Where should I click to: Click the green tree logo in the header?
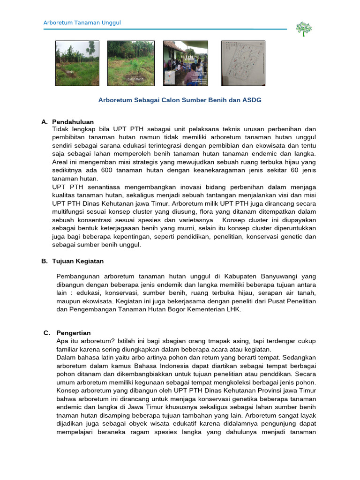pyautogui.click(x=304, y=29)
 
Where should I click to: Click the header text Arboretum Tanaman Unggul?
pyautogui.click(x=82, y=23)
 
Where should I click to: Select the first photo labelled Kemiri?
pyautogui.click(x=77, y=63)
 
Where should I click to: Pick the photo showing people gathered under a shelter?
pyautogui.click(x=186, y=63)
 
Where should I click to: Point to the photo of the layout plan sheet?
pyautogui.click(x=243, y=63)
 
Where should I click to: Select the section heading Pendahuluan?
pyautogui.click(x=73, y=122)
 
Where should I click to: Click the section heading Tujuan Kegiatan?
pyautogui.click(x=78, y=261)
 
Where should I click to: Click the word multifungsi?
pyautogui.click(x=68, y=212)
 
